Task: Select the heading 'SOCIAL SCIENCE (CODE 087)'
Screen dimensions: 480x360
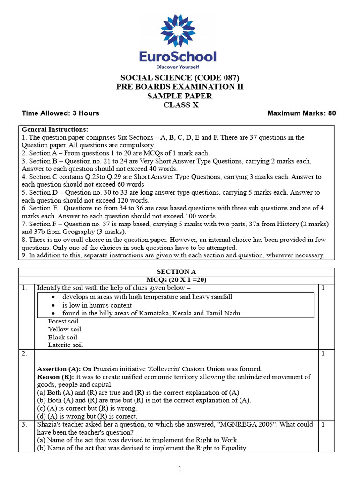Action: pos(180,78)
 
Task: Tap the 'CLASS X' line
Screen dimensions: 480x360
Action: pos(180,105)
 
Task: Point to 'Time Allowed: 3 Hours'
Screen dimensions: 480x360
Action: pos(60,113)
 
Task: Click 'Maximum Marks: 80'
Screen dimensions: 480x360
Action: pos(301,113)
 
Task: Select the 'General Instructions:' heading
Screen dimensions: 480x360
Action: pos(55,129)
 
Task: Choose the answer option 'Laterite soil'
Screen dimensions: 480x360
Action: pos(65,345)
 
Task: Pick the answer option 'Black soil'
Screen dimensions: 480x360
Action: pos(62,337)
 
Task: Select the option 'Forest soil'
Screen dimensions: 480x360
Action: pos(63,322)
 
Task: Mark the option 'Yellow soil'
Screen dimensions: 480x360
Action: pos(64,330)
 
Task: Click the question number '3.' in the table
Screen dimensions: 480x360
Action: pos(25,424)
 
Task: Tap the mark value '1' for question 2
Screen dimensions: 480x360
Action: pos(323,353)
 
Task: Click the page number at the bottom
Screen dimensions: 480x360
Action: pos(180,468)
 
